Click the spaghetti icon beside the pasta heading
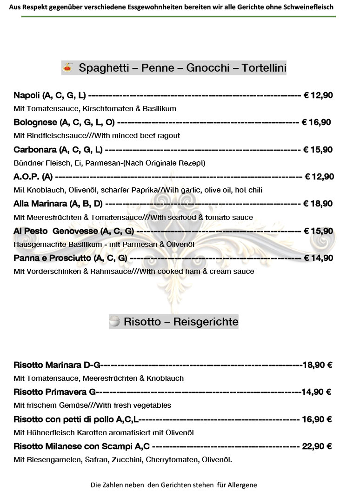(x=68, y=68)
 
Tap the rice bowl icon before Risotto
(x=115, y=321)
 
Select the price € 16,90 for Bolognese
(x=316, y=123)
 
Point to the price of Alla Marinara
(x=318, y=204)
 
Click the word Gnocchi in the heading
(x=208, y=68)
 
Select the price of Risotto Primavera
(x=316, y=392)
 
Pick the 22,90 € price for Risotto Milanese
(x=317, y=446)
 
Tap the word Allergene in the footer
(x=242, y=484)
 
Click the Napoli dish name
(x=27, y=96)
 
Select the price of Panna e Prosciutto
(x=318, y=258)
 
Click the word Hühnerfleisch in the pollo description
(x=49, y=433)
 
